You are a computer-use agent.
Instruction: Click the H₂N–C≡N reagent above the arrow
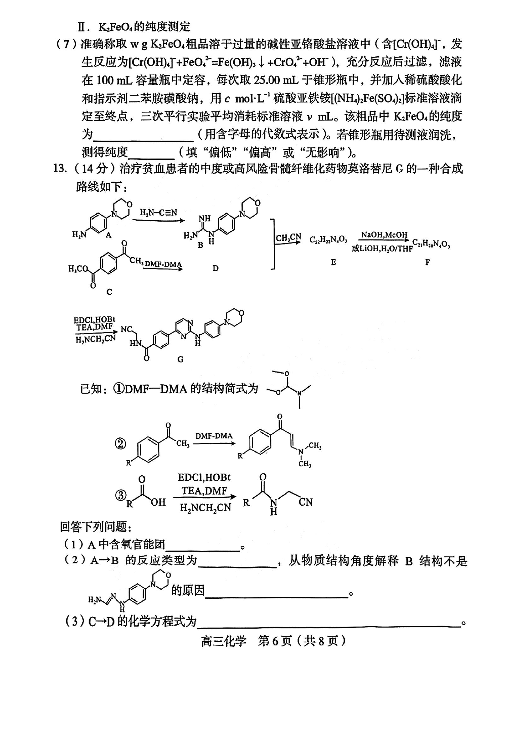(x=158, y=212)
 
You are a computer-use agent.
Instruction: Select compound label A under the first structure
(x=108, y=235)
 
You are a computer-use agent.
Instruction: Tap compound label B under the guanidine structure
(x=201, y=245)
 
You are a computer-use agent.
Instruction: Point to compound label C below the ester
(x=109, y=292)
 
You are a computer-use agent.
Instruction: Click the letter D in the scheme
(x=215, y=268)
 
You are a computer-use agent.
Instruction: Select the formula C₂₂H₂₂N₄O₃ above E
(x=328, y=240)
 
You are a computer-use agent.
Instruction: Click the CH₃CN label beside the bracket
(x=288, y=238)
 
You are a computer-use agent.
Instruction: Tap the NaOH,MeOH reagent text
(x=384, y=235)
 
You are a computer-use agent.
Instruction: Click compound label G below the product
(x=180, y=360)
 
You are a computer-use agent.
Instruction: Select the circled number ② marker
(x=120, y=444)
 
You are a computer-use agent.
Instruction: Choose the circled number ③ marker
(x=120, y=495)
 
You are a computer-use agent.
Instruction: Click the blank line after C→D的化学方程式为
(x=329, y=626)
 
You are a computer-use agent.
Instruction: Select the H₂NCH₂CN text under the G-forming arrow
(x=96, y=339)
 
